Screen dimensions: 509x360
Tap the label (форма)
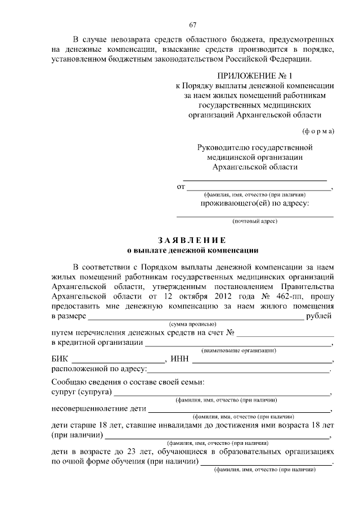point(318,131)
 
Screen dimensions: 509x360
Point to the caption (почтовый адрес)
point(255,222)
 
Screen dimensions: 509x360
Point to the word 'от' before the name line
point(181,187)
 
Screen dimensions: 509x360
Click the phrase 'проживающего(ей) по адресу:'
point(255,204)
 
